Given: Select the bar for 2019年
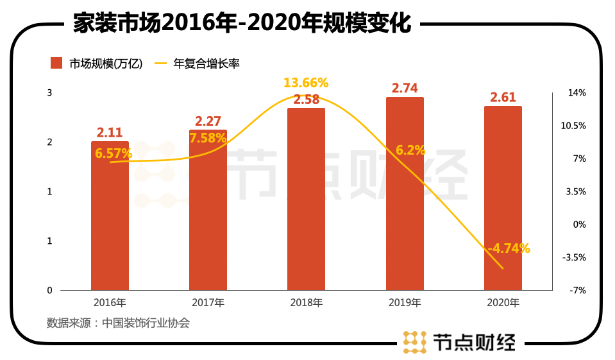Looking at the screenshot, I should [405, 193].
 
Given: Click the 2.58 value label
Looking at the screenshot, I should [307, 99].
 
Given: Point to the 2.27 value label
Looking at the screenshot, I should [208, 121].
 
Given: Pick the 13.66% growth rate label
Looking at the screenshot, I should [307, 83].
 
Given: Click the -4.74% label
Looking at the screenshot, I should [509, 249].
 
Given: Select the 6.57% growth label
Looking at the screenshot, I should [114, 153].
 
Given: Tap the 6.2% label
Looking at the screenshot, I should [410, 150].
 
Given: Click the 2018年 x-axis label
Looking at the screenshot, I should [307, 302].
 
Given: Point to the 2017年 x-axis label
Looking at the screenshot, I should [208, 302].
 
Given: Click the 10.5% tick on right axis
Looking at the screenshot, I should [573, 126].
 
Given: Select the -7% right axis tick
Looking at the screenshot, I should [578, 291].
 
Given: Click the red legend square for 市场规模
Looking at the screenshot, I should [56, 63].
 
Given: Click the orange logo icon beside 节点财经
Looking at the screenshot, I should [414, 341].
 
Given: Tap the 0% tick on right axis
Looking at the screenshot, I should [579, 225].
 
